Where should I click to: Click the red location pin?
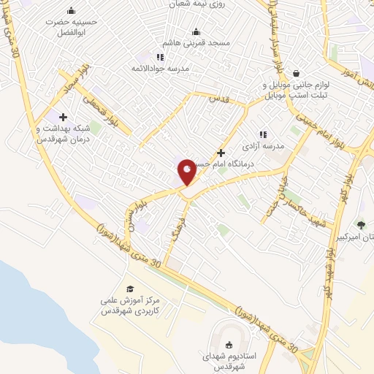coord(187,171)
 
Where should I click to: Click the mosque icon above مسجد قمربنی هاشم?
coord(196,31)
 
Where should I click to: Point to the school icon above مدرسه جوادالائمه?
coord(160,57)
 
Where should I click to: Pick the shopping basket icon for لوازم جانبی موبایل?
coord(296,73)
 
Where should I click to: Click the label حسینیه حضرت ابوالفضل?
coord(71,27)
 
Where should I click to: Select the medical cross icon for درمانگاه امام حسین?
coord(221,153)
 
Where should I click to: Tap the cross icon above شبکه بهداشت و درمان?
coord(63,116)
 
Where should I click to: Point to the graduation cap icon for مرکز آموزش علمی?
coord(130,289)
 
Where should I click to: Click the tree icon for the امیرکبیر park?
coord(361,225)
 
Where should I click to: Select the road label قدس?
coord(215,97)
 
